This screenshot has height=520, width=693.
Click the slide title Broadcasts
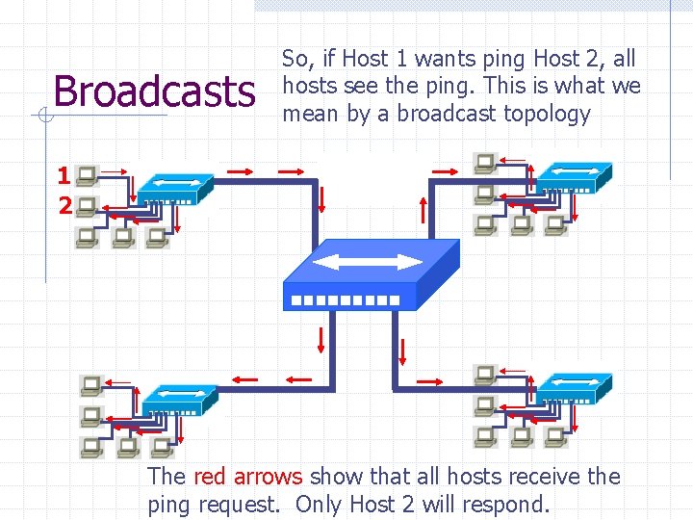pos(154,91)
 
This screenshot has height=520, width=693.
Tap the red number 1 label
pos(63,176)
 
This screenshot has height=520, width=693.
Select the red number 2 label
pos(64,205)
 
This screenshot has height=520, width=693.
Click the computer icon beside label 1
pos(87,176)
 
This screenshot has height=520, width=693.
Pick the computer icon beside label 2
pos(87,205)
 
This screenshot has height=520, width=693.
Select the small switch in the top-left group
pos(174,189)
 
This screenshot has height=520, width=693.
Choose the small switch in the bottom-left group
pos(179,399)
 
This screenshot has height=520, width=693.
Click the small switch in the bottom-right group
pos(574,388)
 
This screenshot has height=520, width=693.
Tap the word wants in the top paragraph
pos(424,59)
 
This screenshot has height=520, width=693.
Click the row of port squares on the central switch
pos(345,300)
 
